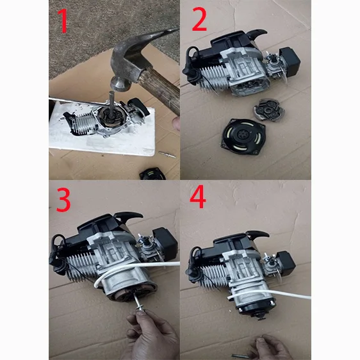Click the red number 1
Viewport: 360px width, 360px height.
(63, 21)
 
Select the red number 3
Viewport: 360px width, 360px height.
(63, 200)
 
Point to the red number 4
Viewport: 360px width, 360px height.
(198, 197)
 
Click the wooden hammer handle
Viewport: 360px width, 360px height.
(161, 90)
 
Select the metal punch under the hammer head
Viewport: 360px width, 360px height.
(111, 103)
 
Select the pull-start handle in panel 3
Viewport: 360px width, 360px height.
(129, 216)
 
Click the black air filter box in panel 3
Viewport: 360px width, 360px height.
(165, 242)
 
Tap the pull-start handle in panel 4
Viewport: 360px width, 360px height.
(258, 234)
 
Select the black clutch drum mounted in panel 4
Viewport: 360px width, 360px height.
(257, 307)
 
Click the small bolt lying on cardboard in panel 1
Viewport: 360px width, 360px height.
(167, 154)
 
